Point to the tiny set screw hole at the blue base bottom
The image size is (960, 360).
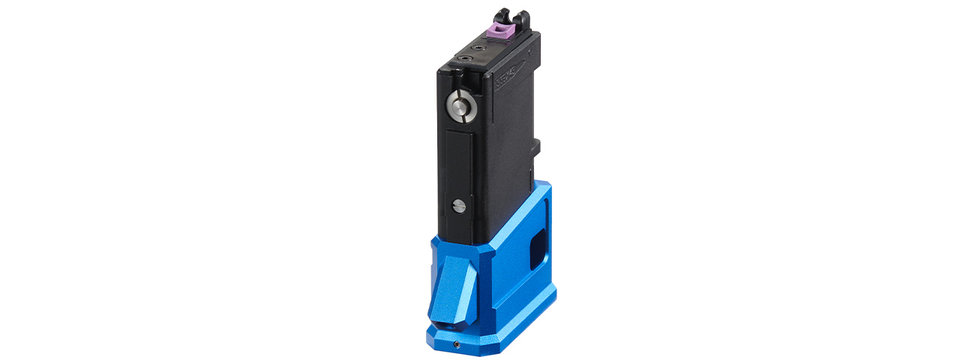click(x=457, y=344)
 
